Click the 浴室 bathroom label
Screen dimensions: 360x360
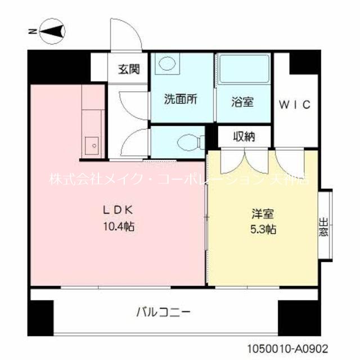(242, 102)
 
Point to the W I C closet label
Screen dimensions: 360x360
(295, 104)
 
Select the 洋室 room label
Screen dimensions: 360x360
(263, 214)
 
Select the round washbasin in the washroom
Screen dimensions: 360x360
(166, 64)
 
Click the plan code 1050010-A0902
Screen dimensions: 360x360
(287, 349)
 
